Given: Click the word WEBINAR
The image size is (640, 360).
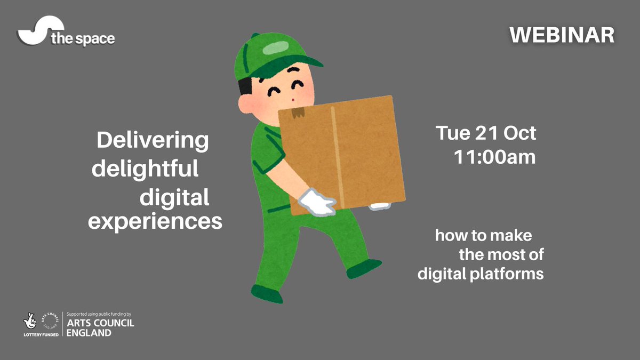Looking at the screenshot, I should point(562,35).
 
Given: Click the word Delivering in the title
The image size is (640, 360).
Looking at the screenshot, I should point(153,141).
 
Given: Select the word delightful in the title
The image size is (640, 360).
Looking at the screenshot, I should point(145,170).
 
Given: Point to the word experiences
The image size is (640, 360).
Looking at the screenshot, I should point(155,221).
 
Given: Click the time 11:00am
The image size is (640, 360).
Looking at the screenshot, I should point(494,157).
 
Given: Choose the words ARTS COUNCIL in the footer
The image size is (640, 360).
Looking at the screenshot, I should point(99,324).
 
